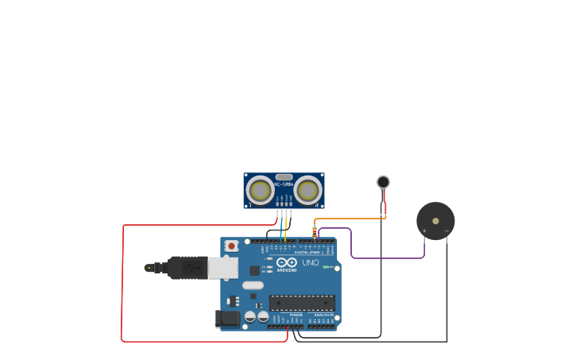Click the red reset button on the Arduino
231,246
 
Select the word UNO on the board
311,262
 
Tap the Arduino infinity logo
287,261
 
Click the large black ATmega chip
302,302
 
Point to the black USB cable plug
187,268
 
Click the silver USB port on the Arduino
223,268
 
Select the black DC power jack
228,319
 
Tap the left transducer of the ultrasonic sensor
260,191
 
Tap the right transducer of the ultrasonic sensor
308,191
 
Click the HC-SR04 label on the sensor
284,184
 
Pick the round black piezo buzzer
435,220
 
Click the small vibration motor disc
383,182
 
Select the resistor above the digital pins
315,232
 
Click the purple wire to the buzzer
389,257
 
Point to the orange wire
350,219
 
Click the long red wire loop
122,286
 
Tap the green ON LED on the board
326,267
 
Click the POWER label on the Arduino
296,315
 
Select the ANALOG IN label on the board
323,315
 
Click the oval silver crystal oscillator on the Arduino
253,285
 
